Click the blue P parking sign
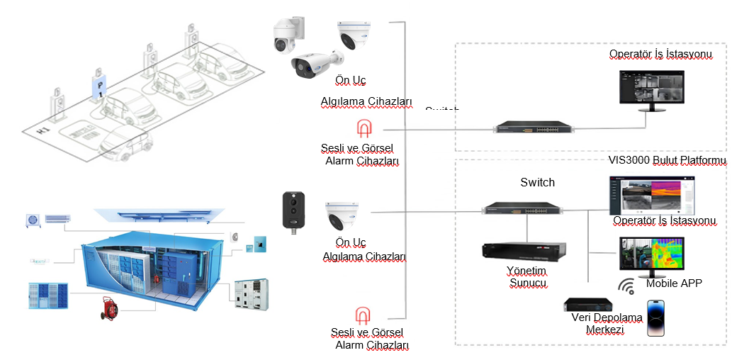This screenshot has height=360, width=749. [100, 86]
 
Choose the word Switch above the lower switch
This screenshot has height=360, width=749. [537, 183]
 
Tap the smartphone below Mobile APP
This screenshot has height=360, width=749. [657, 317]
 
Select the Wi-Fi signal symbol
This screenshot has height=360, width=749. [626, 286]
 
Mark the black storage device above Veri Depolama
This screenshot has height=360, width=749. [589, 304]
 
